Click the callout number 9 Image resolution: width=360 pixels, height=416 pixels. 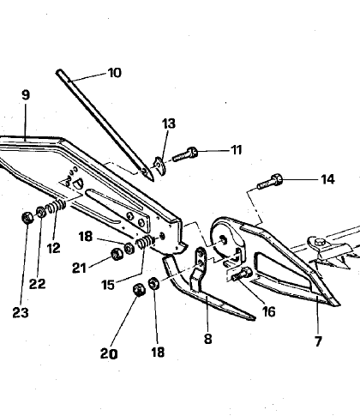(25, 95)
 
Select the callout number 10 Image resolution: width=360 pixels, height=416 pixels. (114, 73)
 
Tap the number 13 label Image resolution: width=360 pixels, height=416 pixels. (170, 124)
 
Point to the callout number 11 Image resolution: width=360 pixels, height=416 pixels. (236, 150)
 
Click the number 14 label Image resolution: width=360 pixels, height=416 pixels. (303, 180)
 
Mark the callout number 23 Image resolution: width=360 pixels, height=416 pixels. (21, 313)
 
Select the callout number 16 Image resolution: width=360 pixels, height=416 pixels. (268, 312)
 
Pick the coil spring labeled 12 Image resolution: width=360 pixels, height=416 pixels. (55, 210)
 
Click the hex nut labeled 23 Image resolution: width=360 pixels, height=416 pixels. (27, 216)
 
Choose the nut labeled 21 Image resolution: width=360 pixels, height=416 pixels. (113, 256)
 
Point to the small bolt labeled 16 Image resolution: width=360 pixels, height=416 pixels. (241, 274)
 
